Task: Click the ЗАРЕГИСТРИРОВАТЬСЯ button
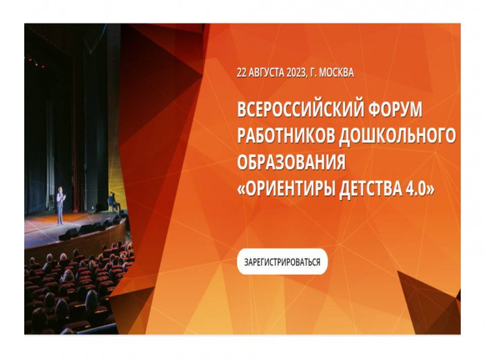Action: click(x=282, y=262)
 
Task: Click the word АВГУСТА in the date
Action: click(x=266, y=73)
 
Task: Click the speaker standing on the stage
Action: click(x=60, y=205)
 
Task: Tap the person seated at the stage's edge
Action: click(x=112, y=201)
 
